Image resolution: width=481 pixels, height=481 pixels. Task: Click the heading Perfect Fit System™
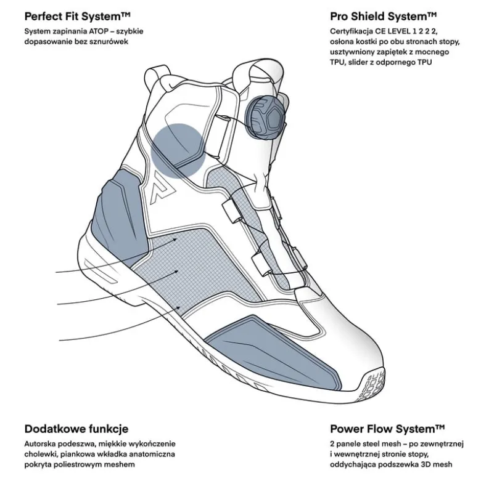tap(78, 17)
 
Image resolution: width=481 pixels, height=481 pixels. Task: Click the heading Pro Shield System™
tap(384, 17)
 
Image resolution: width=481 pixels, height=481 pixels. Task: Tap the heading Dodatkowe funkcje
tap(76, 429)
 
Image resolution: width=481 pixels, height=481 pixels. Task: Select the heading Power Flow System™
tap(387, 429)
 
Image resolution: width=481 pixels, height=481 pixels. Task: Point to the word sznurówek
tap(111, 41)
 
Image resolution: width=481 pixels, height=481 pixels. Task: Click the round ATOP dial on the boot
tap(265, 117)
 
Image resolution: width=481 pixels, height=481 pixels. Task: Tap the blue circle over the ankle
tap(178, 151)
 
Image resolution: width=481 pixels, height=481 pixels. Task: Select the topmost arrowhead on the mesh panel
tap(175, 239)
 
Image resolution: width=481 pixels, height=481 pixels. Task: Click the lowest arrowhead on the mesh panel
tap(178, 307)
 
